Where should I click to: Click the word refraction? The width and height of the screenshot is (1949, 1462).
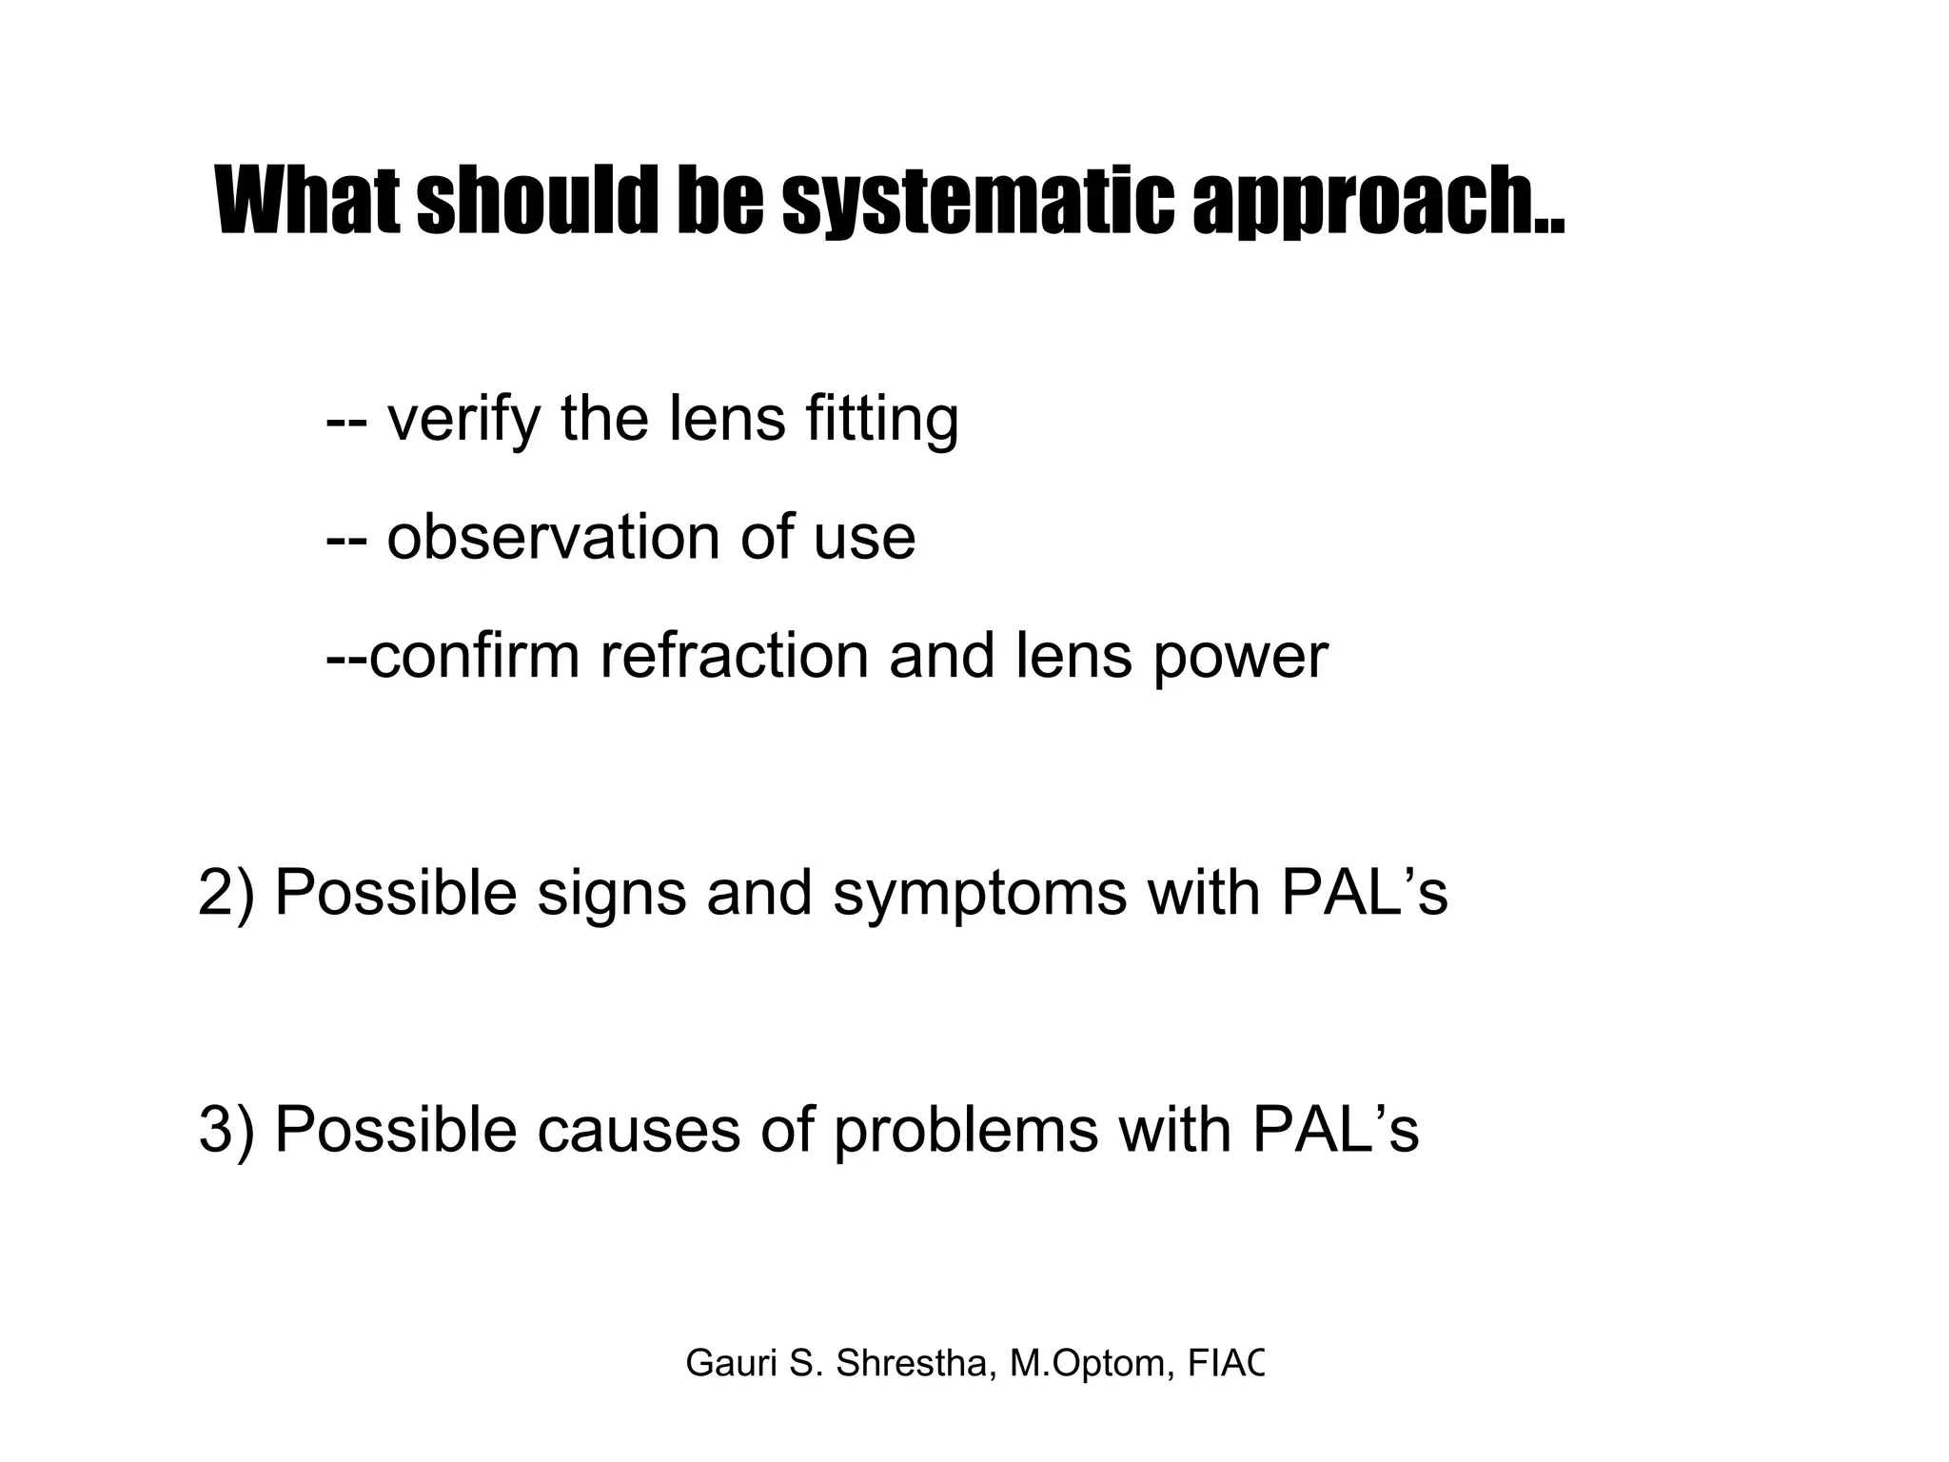(734, 656)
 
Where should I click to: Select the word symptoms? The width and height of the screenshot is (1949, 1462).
(979, 895)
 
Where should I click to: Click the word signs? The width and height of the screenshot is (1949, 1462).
(611, 895)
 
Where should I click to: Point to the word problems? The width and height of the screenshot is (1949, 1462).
(965, 1130)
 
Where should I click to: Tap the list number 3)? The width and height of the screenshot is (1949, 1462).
(226, 1130)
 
